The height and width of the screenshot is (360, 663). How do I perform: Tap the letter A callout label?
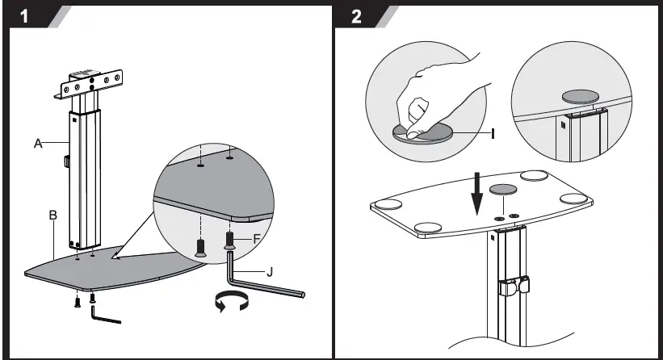click(37, 144)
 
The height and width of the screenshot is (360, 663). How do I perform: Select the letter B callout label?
click(52, 216)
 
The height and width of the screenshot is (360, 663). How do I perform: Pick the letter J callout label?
click(269, 272)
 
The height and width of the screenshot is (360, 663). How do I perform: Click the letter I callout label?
click(491, 131)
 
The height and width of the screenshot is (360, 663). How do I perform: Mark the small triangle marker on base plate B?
click(118, 257)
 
